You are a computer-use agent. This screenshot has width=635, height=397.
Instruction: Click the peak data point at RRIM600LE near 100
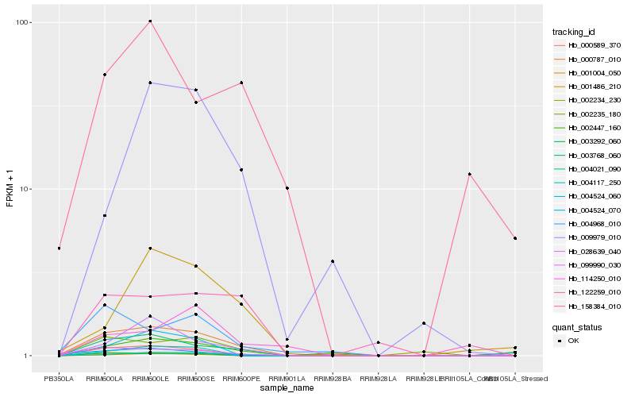(150, 21)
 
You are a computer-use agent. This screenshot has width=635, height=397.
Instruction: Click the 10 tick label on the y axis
(25, 189)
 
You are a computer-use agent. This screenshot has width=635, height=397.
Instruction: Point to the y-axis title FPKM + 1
(10, 189)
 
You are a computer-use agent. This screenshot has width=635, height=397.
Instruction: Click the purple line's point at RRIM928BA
(333, 261)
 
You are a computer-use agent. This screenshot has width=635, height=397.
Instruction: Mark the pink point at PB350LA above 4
(59, 249)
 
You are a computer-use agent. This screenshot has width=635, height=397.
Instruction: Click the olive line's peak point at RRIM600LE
(150, 249)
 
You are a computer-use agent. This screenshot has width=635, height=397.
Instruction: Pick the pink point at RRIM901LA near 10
(287, 188)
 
